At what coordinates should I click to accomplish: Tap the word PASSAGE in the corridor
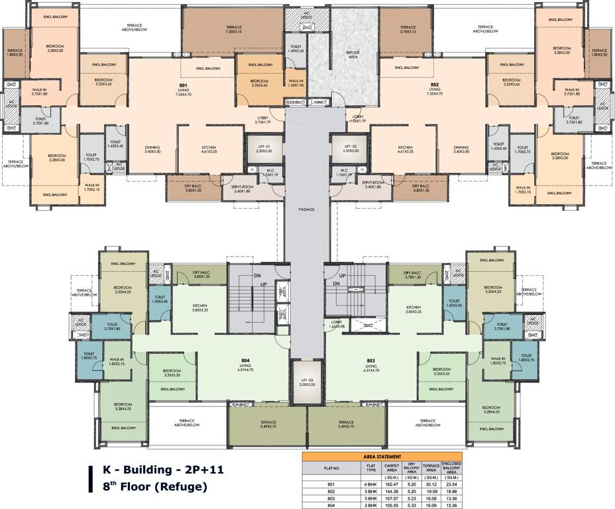[x=307, y=209]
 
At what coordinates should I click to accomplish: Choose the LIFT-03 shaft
[x=307, y=381]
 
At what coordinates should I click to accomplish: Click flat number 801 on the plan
[x=183, y=86]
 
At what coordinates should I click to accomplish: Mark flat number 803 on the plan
[x=371, y=361]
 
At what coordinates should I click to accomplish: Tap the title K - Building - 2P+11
[x=164, y=470]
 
